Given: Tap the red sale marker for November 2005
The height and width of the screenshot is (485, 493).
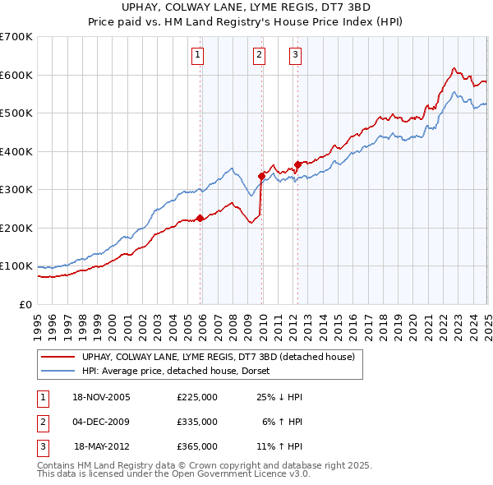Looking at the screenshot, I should pos(200,219).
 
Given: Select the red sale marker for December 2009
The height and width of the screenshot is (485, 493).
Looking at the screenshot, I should pos(261,176).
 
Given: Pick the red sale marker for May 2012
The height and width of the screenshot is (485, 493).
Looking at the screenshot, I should pos(297,164).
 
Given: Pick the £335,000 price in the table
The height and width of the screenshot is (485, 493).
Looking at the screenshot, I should pos(197,422).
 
